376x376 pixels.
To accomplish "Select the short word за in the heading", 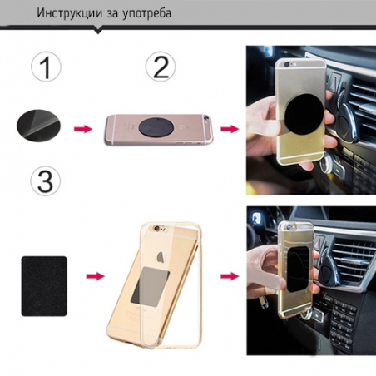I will pos(111,15).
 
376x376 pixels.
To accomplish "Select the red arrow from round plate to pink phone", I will pos(83,129).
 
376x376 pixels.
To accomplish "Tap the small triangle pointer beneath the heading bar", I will pos(98,32).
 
